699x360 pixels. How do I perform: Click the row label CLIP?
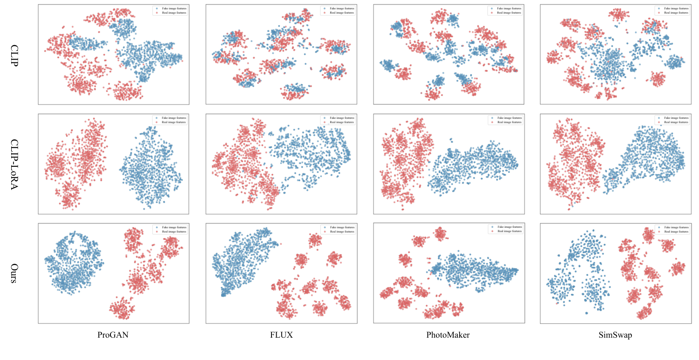tap(14, 55)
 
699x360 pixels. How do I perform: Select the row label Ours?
tap(14, 274)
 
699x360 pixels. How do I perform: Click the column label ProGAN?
tap(113, 335)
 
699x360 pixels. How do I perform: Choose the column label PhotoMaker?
tap(448, 335)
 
